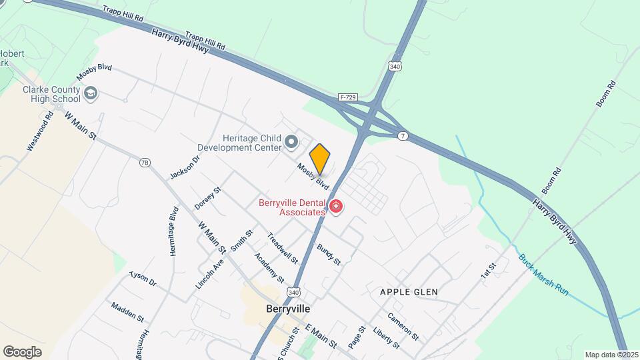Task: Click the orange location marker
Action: tap(320, 159)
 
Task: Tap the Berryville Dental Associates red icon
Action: tap(336, 207)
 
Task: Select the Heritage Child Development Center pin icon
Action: tap(291, 141)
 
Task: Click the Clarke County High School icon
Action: tap(91, 94)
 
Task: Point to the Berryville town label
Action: tap(287, 309)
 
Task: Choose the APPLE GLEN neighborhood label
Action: tap(409, 292)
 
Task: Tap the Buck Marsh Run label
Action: tap(543, 273)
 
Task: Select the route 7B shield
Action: tap(145, 162)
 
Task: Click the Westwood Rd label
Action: tap(40, 131)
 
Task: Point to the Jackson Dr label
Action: tap(185, 167)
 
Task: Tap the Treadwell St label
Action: tap(282, 247)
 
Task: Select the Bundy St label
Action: tap(329, 254)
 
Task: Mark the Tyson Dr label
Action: tap(143, 279)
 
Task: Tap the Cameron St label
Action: tap(403, 326)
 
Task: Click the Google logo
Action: tap(23, 351)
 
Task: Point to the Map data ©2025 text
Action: tap(611, 355)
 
